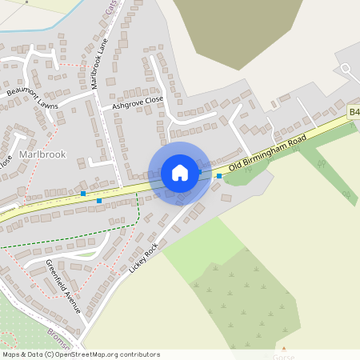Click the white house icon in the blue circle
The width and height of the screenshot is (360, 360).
pos(180,173)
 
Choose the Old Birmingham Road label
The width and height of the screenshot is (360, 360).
pos(267,154)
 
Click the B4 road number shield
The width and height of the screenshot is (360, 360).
pos(354,115)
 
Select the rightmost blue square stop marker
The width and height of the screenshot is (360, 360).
pos(219,176)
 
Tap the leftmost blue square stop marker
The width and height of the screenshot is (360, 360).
pos(83,194)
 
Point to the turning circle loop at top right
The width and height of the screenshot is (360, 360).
pos(346,69)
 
